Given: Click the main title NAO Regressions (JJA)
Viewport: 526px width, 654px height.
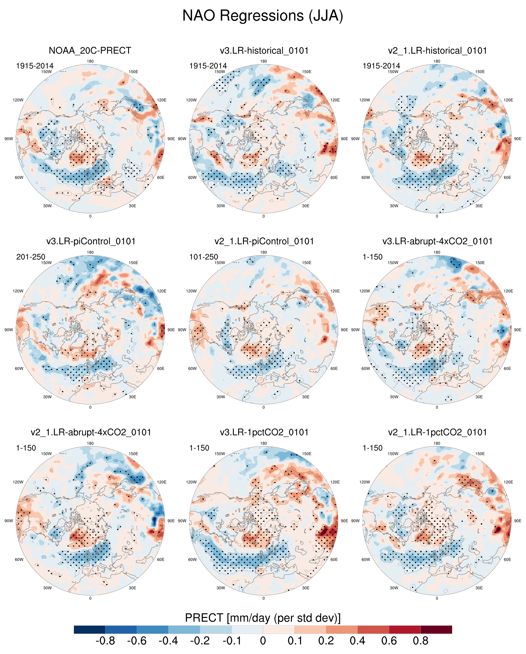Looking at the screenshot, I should coord(263,15).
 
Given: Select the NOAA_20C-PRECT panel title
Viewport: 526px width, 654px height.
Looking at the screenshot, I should coord(90,51).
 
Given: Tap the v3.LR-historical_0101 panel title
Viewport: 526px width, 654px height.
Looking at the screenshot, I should coord(264,51).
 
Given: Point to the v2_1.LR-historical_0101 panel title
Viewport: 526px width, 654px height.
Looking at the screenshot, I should coord(437,51).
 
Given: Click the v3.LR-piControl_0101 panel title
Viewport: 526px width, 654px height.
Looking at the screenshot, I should coord(91,241).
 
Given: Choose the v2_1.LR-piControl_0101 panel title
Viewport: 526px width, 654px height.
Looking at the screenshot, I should coord(264,241).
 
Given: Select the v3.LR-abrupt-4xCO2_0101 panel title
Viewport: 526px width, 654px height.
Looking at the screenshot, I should coord(437,241).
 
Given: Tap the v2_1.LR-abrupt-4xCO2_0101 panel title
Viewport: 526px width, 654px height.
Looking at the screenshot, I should coord(91,432).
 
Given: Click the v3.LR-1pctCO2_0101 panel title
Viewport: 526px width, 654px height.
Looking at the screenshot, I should coord(264,432).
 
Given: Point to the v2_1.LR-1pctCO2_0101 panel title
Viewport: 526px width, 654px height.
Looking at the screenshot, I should coord(437,432).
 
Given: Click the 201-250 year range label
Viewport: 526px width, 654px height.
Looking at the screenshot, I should coord(30,257).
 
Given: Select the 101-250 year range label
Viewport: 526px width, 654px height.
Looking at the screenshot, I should coord(204,257).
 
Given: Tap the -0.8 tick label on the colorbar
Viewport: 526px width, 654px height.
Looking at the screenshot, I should coord(105,641).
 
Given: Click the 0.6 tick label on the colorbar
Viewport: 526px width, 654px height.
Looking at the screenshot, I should coord(389,641).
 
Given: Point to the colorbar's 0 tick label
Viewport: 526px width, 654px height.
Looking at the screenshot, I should coord(263,641).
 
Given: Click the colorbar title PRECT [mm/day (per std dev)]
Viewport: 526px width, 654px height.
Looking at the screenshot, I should coord(263,618).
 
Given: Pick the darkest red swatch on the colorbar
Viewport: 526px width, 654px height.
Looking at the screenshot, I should coord(436,630).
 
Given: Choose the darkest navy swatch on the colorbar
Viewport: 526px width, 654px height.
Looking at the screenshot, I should coord(90,630).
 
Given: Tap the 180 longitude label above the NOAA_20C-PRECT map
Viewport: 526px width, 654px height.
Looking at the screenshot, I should coord(90,61).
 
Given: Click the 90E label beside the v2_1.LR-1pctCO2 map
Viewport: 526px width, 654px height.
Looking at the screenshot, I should coord(518,521).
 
